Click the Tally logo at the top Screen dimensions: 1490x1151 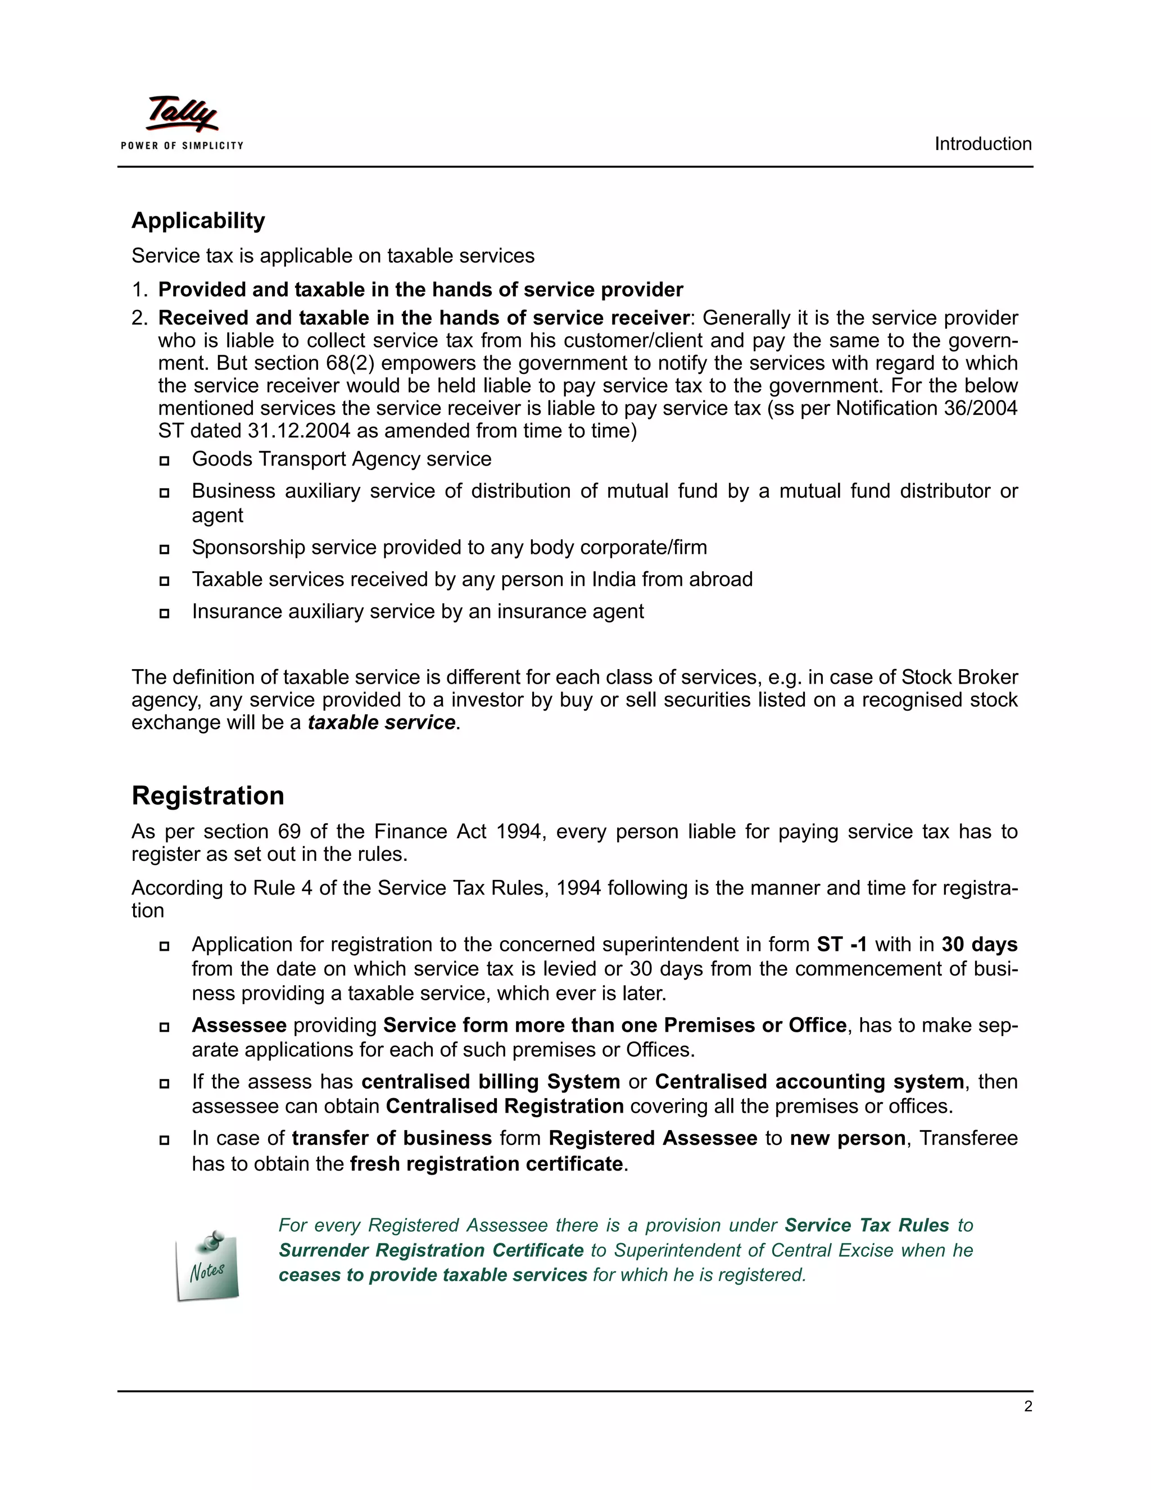tap(182, 114)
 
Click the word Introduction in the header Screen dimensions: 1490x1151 tap(982, 144)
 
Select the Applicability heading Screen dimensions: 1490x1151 tap(198, 220)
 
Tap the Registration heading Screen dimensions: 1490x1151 tap(208, 796)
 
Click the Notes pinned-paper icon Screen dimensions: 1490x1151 tap(207, 1266)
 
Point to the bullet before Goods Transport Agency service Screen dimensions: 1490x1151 tap(164, 460)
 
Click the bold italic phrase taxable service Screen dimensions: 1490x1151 tap(381, 723)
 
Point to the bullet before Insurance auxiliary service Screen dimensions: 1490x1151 tap(164, 613)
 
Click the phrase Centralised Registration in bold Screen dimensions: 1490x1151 tap(505, 1106)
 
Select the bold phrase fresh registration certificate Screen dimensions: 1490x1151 tap(487, 1163)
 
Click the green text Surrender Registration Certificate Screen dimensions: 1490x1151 tap(431, 1250)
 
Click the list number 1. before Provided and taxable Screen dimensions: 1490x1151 tap(139, 290)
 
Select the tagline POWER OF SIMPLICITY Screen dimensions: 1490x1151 tap(182, 145)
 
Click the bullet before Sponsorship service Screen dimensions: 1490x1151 tap(164, 549)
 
